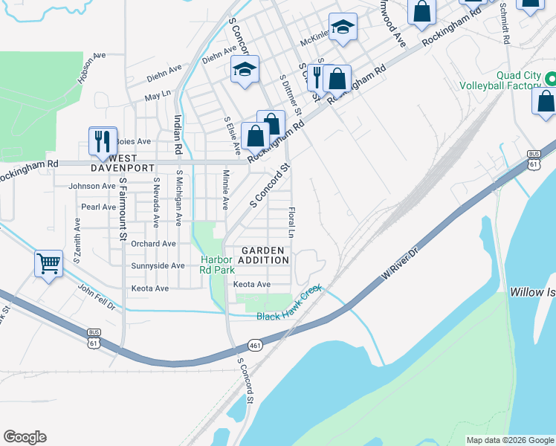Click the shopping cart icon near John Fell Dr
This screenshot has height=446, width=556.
[48, 263]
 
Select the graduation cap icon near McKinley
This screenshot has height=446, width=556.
[343, 28]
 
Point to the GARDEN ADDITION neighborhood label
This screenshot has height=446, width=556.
[263, 256]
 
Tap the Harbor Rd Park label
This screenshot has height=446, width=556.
[216, 264]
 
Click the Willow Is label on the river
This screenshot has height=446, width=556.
[531, 292]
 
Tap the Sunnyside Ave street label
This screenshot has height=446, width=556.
[157, 265]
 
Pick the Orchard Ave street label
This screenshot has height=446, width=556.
[152, 243]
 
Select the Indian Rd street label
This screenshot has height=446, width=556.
[178, 134]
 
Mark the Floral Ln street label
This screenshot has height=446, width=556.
[292, 222]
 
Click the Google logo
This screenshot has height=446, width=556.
[25, 437]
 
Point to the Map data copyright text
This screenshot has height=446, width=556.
[509, 440]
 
